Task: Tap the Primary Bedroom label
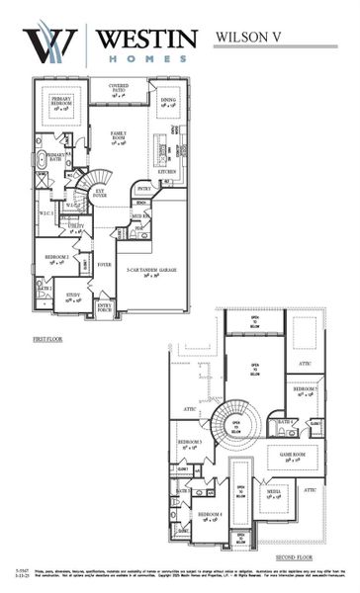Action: [60, 106]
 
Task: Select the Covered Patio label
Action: [120, 90]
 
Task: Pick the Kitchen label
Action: [167, 171]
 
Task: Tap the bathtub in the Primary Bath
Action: [41, 159]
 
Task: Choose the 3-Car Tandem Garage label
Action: [145, 269]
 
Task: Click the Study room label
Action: [73, 296]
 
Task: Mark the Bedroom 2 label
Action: [55, 259]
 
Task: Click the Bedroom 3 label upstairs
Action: [191, 444]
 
